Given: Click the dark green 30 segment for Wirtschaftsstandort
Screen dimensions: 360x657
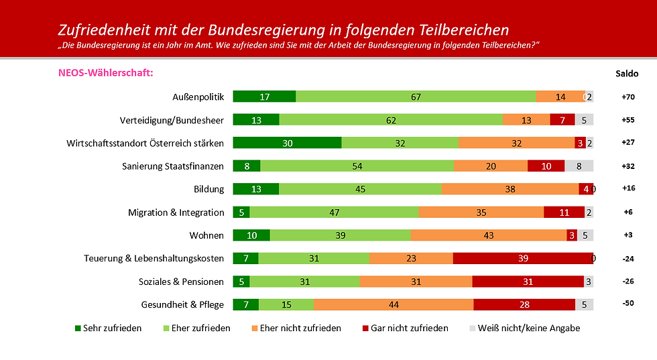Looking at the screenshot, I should pyautogui.click(x=287, y=143).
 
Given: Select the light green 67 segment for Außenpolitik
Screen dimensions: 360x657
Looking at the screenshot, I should pyautogui.click(x=416, y=97).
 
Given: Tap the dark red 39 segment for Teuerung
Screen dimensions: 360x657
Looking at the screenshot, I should pyautogui.click(x=523, y=258).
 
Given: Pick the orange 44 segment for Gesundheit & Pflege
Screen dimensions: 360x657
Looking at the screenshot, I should pyautogui.click(x=393, y=304).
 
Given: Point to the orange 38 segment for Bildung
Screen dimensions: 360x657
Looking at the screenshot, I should pyautogui.click(x=510, y=189).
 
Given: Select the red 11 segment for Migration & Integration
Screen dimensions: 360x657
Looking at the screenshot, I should pyautogui.click(x=564, y=213).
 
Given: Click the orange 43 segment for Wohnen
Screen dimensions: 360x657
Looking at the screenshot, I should pyautogui.click(x=488, y=235).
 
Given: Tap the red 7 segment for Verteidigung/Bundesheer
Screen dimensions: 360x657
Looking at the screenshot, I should pyautogui.click(x=562, y=120).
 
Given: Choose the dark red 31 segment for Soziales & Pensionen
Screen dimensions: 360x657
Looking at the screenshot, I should pyautogui.click(x=528, y=282).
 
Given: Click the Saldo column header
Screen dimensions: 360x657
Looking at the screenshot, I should pyautogui.click(x=627, y=74).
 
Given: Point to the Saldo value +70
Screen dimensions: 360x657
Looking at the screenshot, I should pyautogui.click(x=628, y=97).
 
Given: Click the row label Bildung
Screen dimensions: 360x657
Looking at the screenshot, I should pyautogui.click(x=208, y=190).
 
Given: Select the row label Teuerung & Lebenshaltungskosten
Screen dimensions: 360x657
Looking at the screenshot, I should pyautogui.click(x=154, y=259).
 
